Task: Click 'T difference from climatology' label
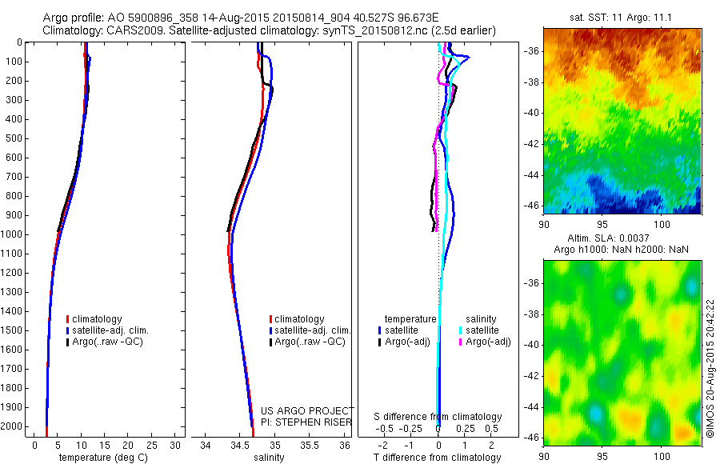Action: (438, 458)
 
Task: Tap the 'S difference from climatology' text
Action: (438, 417)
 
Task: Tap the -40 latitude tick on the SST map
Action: (532, 113)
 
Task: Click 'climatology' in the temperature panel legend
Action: (98, 319)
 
